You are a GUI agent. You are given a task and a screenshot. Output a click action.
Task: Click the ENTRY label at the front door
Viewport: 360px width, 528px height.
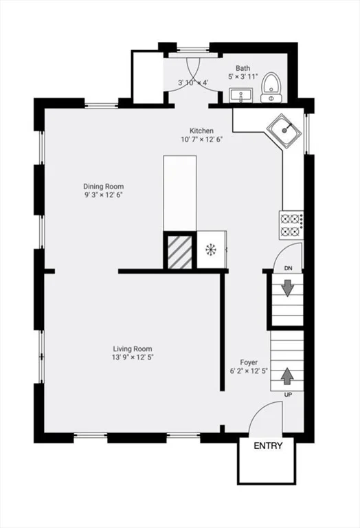pyautogui.click(x=268, y=445)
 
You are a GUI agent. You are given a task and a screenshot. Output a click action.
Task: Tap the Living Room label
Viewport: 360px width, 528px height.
pyautogui.click(x=133, y=349)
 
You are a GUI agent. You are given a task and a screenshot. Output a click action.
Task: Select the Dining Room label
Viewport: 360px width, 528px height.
pyautogui.click(x=103, y=186)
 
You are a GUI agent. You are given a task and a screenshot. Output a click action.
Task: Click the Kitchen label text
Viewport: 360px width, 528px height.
pyautogui.click(x=201, y=131)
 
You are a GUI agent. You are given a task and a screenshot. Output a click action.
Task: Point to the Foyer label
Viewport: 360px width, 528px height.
pyautogui.click(x=249, y=362)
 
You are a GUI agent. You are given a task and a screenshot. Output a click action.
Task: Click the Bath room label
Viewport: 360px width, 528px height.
pyautogui.click(x=243, y=68)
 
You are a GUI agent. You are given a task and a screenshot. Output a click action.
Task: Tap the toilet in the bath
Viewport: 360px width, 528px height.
pyautogui.click(x=271, y=88)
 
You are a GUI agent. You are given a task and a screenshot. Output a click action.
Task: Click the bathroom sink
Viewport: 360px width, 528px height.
pyautogui.click(x=241, y=95)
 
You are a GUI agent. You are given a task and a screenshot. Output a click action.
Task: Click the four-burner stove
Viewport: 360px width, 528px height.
pyautogui.click(x=291, y=225)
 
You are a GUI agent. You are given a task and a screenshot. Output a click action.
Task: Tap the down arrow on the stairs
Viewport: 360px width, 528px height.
pyautogui.click(x=287, y=289)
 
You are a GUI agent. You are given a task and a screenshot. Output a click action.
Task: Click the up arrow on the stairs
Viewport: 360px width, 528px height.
pyautogui.click(x=286, y=376)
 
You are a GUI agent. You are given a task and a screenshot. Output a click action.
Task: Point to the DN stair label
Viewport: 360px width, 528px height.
pyautogui.click(x=288, y=268)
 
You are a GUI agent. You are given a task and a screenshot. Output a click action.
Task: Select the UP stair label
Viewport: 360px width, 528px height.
pyautogui.click(x=288, y=395)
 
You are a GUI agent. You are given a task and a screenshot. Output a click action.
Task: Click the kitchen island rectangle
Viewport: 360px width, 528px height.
pyautogui.click(x=180, y=193)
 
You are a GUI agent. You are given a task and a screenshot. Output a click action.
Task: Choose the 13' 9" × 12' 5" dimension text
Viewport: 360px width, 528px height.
pyautogui.click(x=133, y=357)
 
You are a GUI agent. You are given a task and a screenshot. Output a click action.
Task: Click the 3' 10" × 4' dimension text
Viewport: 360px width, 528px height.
pyautogui.click(x=193, y=82)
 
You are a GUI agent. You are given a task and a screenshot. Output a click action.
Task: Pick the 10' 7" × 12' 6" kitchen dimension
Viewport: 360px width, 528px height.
pyautogui.click(x=201, y=140)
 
